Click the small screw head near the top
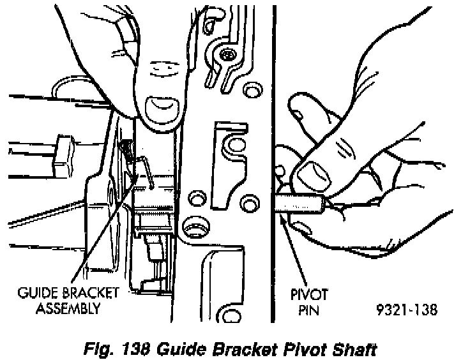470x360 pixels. (x=227, y=56)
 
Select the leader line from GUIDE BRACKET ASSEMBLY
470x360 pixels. (x=102, y=230)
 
